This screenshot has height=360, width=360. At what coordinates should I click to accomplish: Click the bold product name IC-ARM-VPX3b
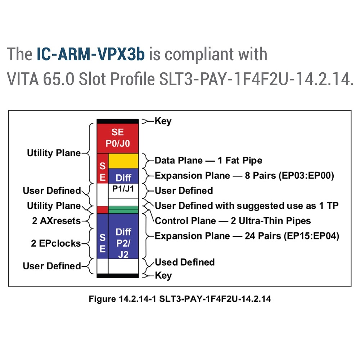click(x=91, y=54)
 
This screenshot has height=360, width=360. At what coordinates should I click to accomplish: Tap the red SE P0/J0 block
click(x=118, y=138)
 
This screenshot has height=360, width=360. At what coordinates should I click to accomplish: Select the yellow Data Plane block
click(x=123, y=161)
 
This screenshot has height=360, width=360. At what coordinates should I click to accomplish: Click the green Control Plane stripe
click(x=123, y=210)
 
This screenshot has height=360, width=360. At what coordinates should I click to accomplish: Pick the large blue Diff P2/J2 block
click(x=123, y=236)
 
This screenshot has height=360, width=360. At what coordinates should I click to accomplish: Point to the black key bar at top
click(x=118, y=121)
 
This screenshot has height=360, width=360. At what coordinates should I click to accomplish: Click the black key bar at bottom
click(x=118, y=276)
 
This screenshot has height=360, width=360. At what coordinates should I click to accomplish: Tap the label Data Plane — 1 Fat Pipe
click(x=208, y=161)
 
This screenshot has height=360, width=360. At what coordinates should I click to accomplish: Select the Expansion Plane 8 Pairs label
click(x=244, y=176)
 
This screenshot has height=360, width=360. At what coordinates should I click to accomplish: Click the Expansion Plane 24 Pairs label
click(x=247, y=236)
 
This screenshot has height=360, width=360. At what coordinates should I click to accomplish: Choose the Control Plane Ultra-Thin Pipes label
click(x=233, y=221)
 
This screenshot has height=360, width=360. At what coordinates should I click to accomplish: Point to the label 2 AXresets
click(x=56, y=221)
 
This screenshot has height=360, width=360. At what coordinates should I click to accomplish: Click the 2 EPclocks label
click(x=56, y=243)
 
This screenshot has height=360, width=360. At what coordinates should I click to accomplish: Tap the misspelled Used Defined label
click(x=185, y=262)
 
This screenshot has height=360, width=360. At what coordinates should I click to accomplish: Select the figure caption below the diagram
click(x=180, y=299)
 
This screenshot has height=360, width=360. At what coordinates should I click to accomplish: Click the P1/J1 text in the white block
click(x=123, y=189)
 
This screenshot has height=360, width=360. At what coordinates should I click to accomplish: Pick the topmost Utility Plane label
click(x=54, y=153)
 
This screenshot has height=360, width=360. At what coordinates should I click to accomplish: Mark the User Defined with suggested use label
click(x=247, y=206)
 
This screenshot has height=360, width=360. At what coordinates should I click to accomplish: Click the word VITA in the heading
click(x=23, y=79)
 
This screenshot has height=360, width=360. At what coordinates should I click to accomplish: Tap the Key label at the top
click(x=163, y=121)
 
